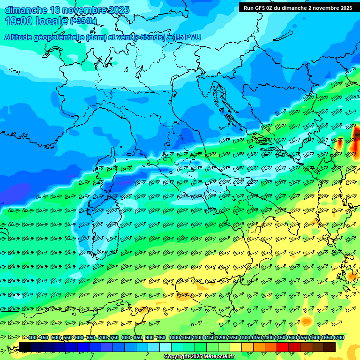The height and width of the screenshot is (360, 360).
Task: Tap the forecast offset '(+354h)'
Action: coord(83,21)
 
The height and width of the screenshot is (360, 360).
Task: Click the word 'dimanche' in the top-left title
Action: coord(25,10)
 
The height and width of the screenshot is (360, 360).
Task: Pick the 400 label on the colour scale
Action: coord(32,338)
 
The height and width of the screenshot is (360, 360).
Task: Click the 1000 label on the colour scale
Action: coord(174,338)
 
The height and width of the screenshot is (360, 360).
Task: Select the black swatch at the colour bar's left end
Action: coord(25,347)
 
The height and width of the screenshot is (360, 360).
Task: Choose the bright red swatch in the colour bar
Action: coord(283,347)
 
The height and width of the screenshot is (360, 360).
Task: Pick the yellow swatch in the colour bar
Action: coord(236,347)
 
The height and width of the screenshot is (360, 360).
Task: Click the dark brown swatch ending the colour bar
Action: coord(330,347)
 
